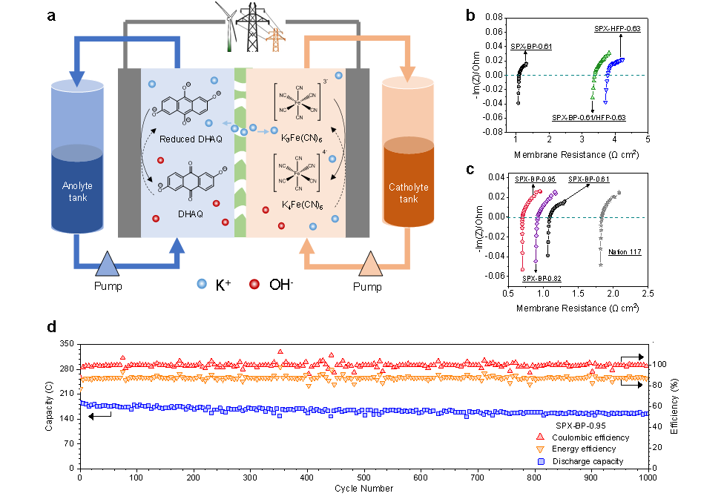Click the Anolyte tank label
click(77, 191)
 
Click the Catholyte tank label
click(408, 193)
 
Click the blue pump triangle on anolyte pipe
click(108, 264)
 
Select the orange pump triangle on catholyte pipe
click(371, 264)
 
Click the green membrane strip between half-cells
click(240, 152)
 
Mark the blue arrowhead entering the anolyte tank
click(77, 78)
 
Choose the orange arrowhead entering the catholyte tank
click(408, 74)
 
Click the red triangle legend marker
click(540, 437)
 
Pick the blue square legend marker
click(541, 462)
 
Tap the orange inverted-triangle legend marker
click(540, 450)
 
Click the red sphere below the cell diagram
click(254, 284)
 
